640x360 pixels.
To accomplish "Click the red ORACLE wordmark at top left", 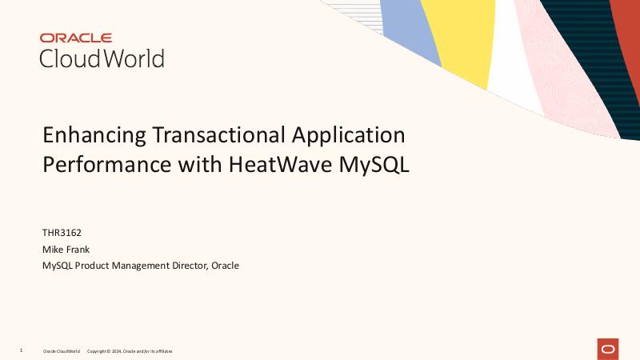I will tap(76, 38).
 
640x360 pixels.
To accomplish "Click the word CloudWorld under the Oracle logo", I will tap(102, 58).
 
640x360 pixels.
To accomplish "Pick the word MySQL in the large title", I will tap(375, 164).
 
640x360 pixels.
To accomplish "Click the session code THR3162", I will tap(62, 233).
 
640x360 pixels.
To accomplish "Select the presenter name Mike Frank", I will tap(66, 249).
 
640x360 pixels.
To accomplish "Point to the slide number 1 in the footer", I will tap(21, 350).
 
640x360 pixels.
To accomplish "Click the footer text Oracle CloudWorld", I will tap(62, 351).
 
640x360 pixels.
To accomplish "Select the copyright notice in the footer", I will tap(129, 351).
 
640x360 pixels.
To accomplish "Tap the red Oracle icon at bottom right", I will tap(608, 349).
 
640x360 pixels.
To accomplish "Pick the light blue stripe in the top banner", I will tap(412, 28).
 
